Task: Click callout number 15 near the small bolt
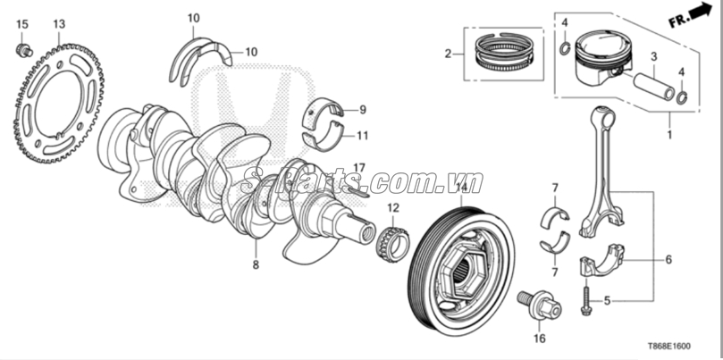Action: pos(23,23)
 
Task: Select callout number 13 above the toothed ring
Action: pos(59,23)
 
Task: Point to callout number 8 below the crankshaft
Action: pos(255,265)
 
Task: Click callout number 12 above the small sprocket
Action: pos(392,208)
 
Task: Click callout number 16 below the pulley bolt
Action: pos(539,339)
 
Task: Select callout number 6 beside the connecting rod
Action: pos(667,261)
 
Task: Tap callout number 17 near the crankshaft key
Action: pos(359,169)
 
